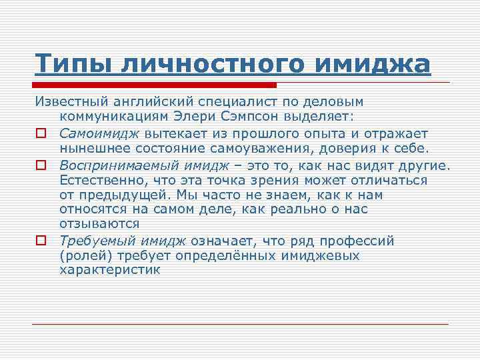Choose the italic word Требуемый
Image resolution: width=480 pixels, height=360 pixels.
[89, 240]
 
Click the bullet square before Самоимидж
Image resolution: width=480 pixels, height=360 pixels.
[41, 133]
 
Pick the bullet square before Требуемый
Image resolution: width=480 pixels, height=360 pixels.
[41, 241]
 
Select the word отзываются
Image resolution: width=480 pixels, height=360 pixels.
[99, 224]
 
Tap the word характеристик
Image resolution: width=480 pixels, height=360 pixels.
[110, 270]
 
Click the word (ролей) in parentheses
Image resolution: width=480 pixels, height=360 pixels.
[85, 255]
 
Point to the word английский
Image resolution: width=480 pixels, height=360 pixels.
[159, 101]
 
